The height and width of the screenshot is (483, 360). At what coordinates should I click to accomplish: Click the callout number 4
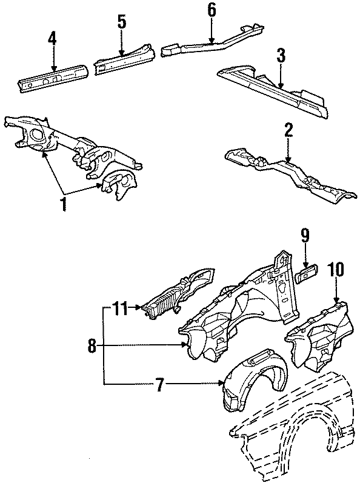(52, 39)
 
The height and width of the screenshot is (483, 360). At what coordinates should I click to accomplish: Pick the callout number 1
(64, 203)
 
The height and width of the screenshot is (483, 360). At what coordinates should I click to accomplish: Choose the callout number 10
(335, 270)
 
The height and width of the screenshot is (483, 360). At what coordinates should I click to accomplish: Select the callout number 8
(93, 346)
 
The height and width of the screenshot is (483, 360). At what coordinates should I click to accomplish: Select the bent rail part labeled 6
(213, 42)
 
